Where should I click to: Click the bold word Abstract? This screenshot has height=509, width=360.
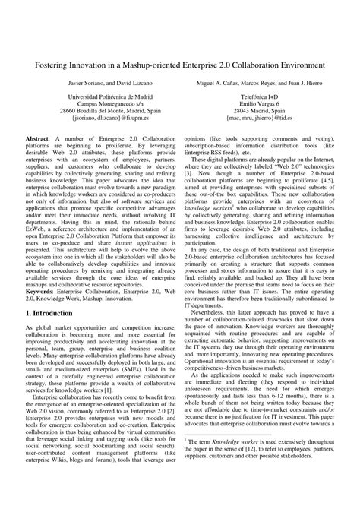37,141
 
